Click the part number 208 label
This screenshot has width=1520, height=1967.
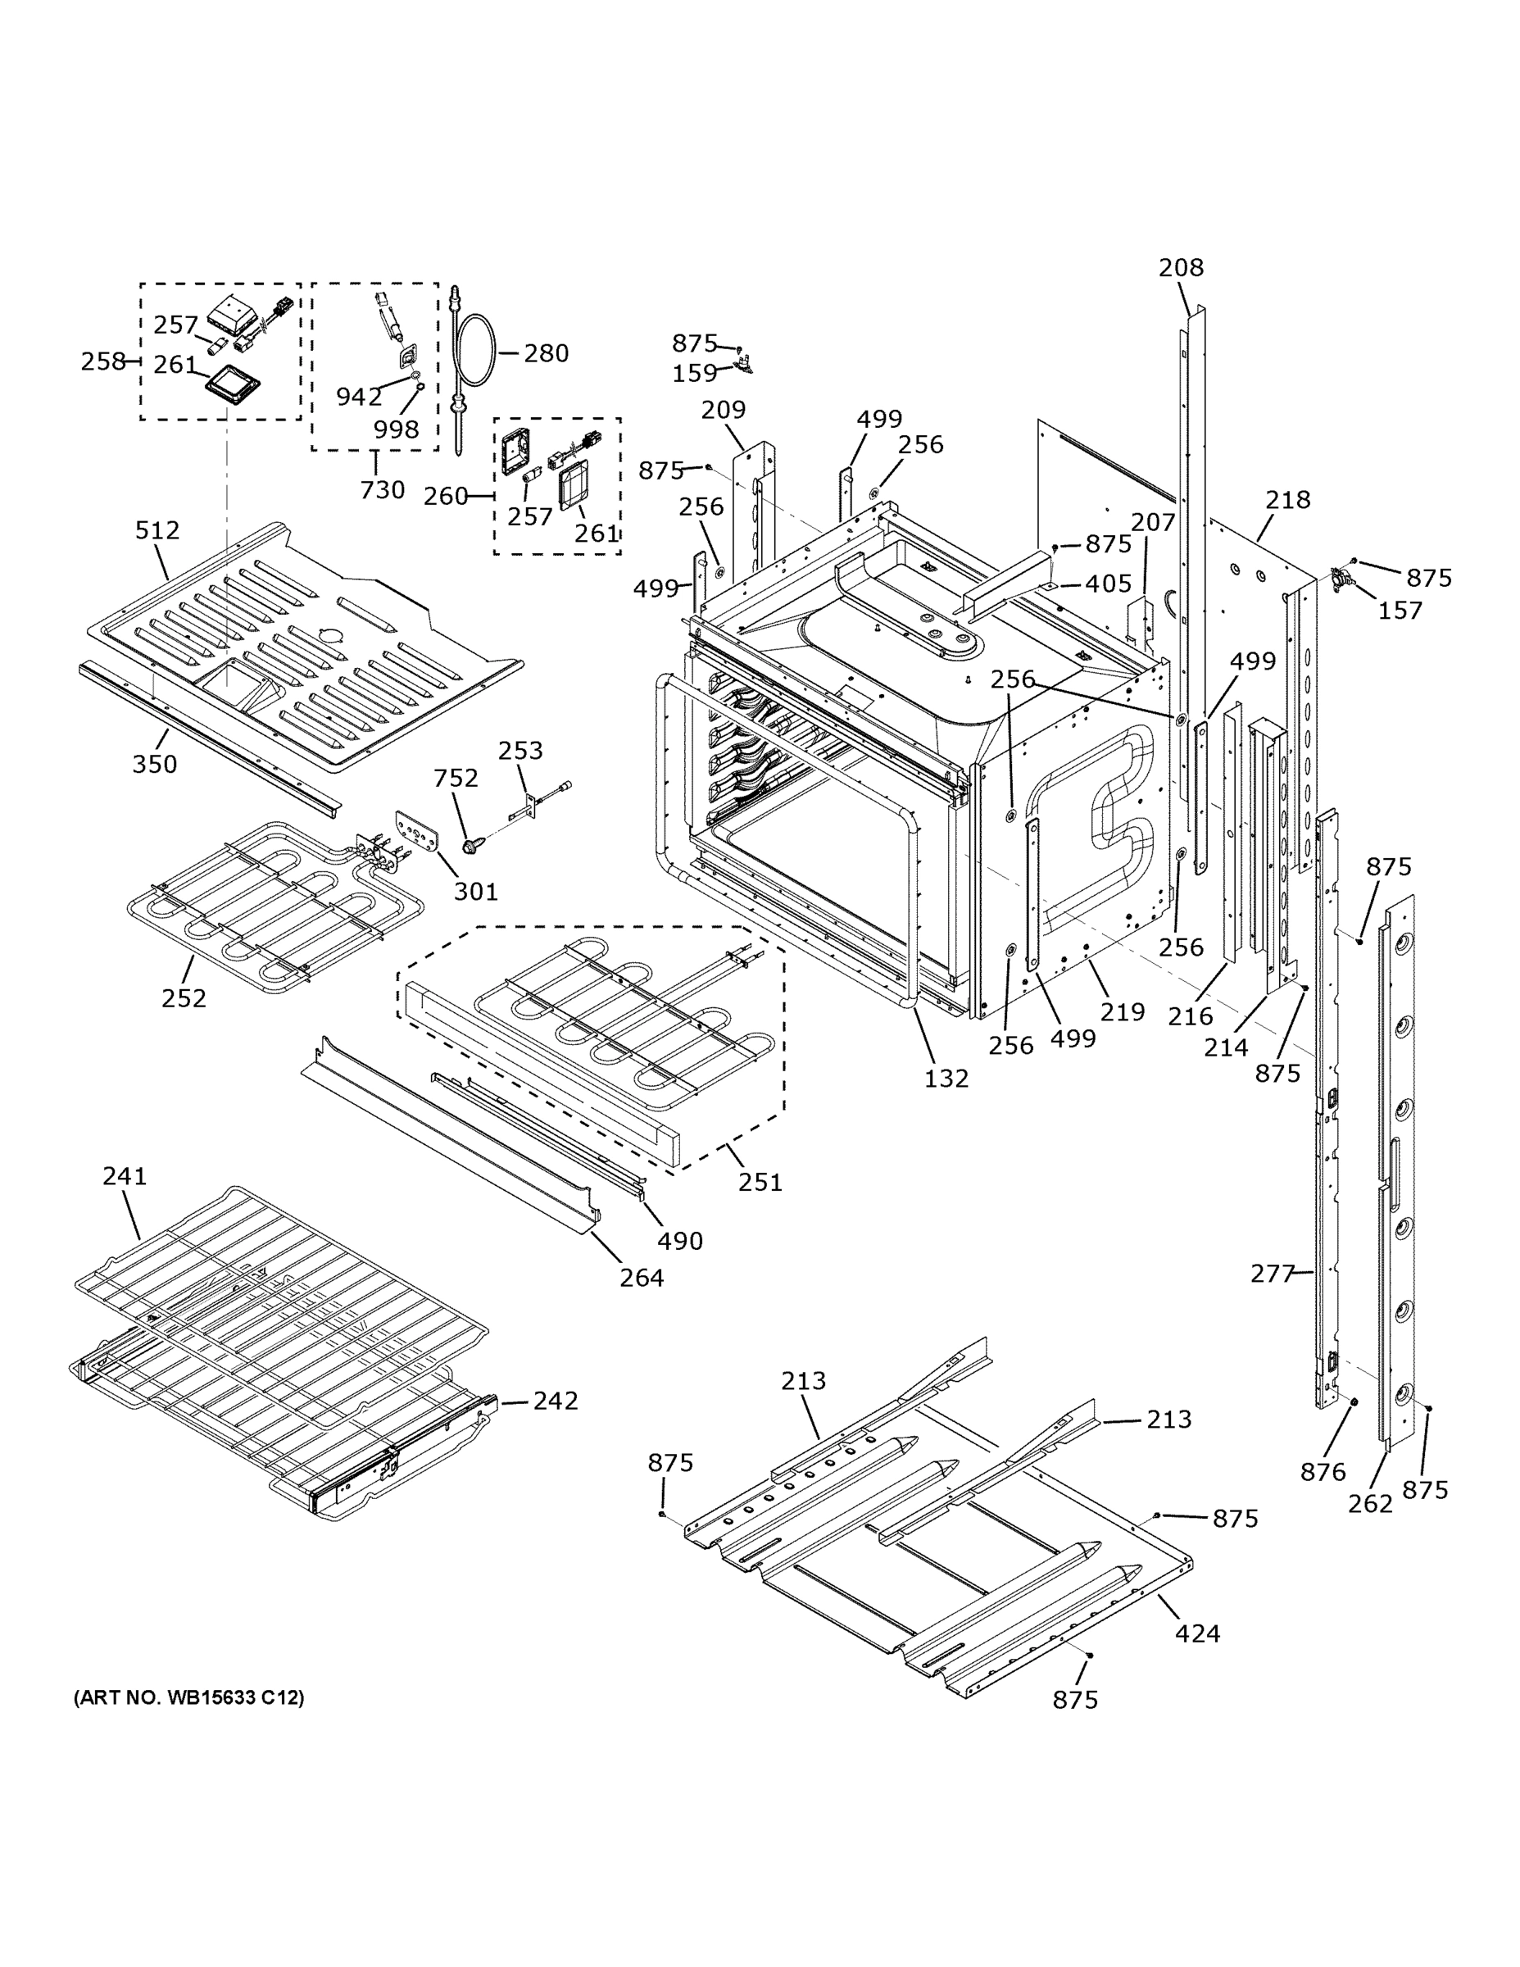(x=1181, y=267)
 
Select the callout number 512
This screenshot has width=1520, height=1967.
(x=157, y=530)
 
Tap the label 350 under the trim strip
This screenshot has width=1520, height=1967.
(x=155, y=764)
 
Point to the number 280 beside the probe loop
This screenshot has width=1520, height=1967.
(x=547, y=353)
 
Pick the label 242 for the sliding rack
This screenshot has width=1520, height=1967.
(x=556, y=1401)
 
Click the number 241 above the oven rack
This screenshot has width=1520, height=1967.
(x=125, y=1175)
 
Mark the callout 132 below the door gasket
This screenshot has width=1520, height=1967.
(x=946, y=1078)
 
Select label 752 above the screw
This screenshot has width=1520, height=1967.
(x=456, y=777)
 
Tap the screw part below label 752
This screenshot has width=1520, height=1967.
(x=470, y=845)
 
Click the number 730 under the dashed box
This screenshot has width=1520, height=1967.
(x=382, y=490)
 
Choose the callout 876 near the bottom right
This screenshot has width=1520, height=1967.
(x=1323, y=1472)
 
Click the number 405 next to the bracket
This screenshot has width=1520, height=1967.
(x=1108, y=584)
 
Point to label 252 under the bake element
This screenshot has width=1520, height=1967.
(x=184, y=998)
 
